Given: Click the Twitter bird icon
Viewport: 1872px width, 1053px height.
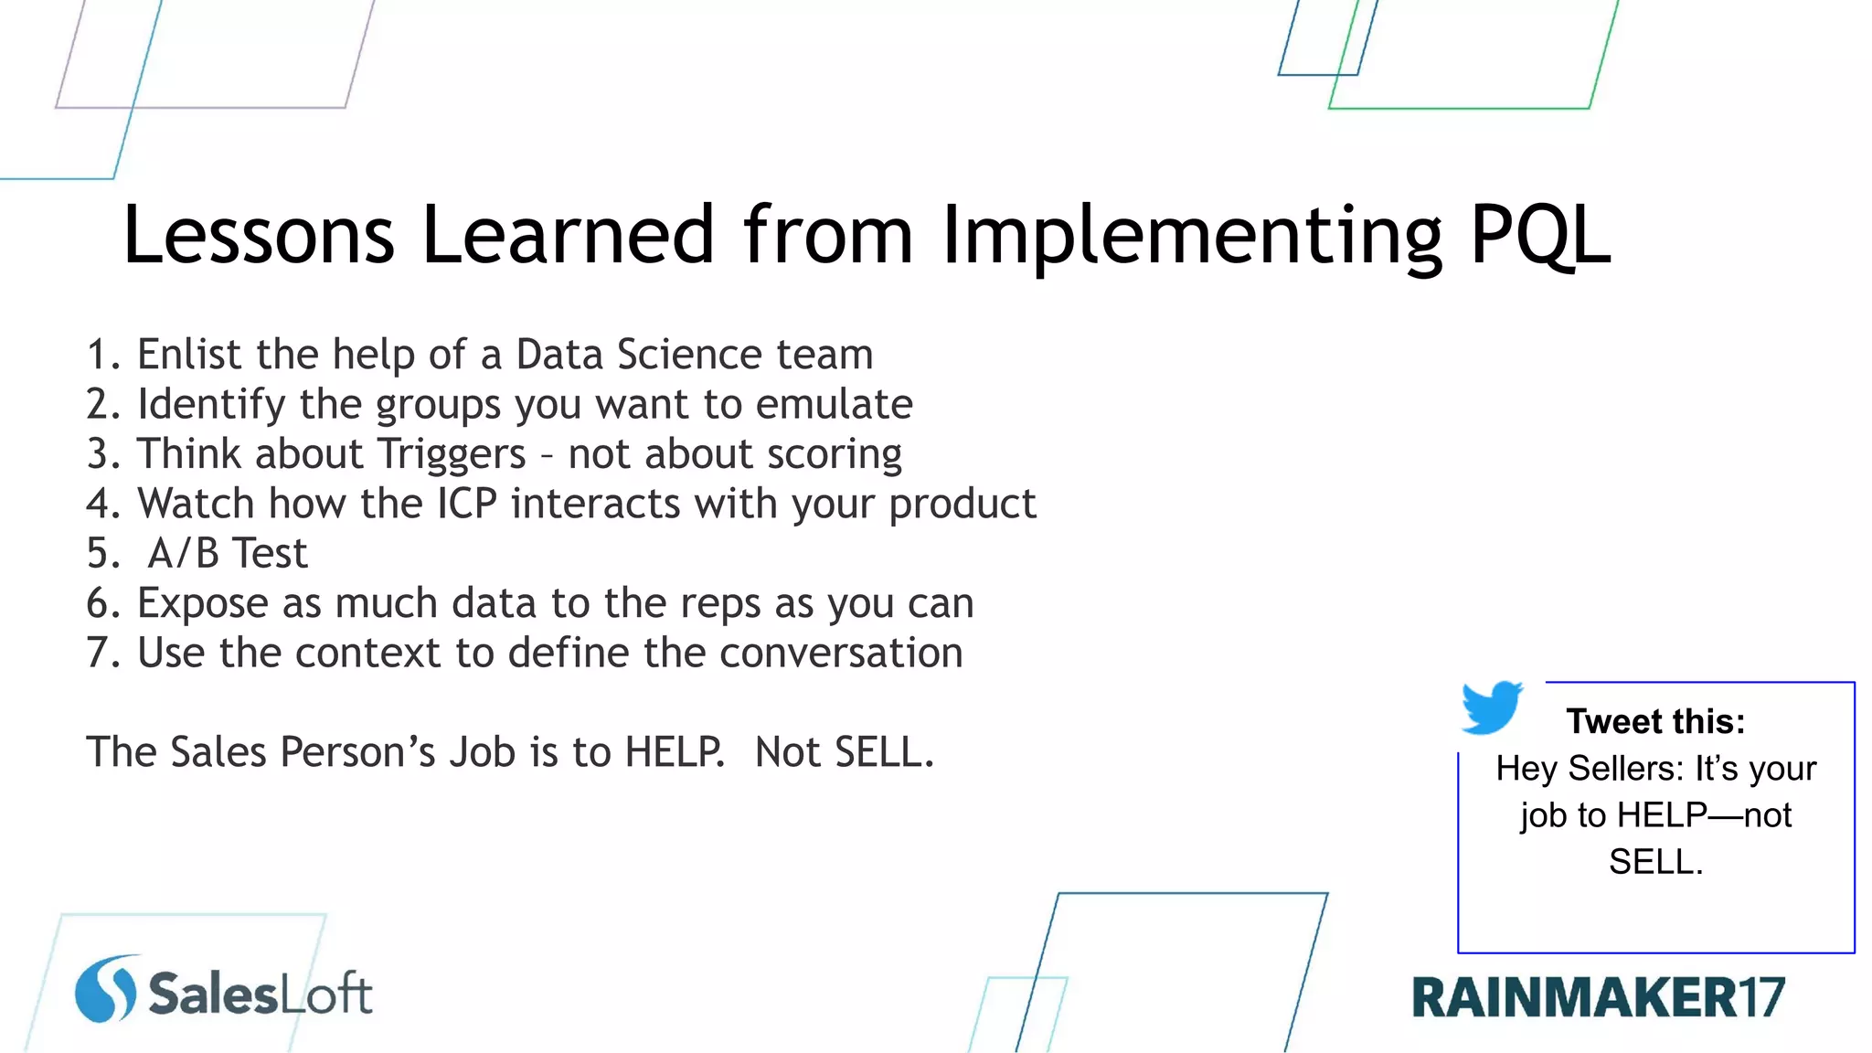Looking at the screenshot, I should [1491, 707].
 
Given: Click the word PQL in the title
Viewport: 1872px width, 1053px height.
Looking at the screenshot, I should [1539, 236].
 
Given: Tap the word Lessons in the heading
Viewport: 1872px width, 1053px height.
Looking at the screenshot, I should [259, 236].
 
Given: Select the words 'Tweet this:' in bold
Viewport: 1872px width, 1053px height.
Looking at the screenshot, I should [1655, 721].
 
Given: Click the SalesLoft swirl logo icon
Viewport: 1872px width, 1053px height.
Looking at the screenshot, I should [106, 989].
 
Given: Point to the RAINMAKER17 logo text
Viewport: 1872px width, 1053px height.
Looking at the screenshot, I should [1598, 997].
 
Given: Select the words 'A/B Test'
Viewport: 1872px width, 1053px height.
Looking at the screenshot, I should [228, 554].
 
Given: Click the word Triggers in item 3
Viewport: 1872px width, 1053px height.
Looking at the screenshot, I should [452, 454].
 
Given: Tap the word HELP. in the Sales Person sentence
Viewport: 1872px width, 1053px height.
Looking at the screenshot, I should [675, 752].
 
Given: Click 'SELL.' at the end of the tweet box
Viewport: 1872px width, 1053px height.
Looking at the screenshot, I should [1655, 862].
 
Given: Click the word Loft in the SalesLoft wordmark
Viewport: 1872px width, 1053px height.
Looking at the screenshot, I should [325, 994].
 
